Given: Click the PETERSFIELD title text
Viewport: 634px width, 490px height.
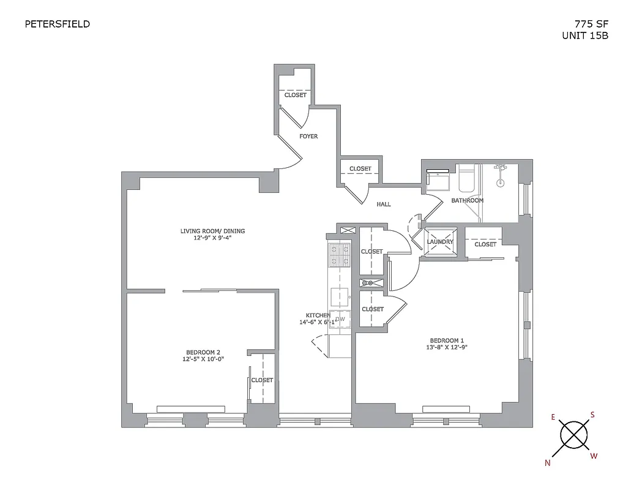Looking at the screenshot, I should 57,24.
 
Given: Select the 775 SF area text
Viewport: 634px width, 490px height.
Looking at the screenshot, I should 591,24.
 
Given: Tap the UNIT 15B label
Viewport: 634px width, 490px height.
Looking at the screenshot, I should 585,36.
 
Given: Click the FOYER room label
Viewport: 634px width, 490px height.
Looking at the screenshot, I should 308,136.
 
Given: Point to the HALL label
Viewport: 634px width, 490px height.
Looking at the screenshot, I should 384,205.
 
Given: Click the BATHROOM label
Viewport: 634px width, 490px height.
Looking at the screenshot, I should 467,200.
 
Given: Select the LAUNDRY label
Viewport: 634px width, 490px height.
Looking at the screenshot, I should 440,242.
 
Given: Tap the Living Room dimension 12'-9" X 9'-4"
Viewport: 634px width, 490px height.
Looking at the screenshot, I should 212,239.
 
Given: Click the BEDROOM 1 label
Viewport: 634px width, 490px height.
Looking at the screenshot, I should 447,341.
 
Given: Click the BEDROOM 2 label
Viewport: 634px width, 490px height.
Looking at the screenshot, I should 203,352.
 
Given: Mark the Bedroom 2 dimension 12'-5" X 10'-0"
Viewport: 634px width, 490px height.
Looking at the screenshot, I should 203,360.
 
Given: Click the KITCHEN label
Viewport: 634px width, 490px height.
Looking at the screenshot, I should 315,315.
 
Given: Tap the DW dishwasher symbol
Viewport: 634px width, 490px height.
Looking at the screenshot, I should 340,319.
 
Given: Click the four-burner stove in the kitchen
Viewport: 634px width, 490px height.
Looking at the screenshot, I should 339,255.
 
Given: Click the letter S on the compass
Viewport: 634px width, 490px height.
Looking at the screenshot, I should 592,415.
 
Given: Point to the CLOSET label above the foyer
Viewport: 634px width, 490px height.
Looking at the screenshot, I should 295,95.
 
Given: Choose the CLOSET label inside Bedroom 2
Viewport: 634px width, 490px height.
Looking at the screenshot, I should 262,380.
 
